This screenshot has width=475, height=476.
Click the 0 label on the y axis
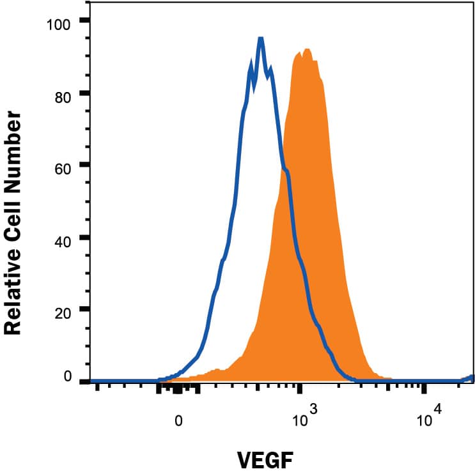[x=67, y=376]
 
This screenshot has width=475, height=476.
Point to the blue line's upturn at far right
[x=472, y=378]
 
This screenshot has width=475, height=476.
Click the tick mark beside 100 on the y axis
[x=84, y=21]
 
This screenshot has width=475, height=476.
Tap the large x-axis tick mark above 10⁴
[x=423, y=387]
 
